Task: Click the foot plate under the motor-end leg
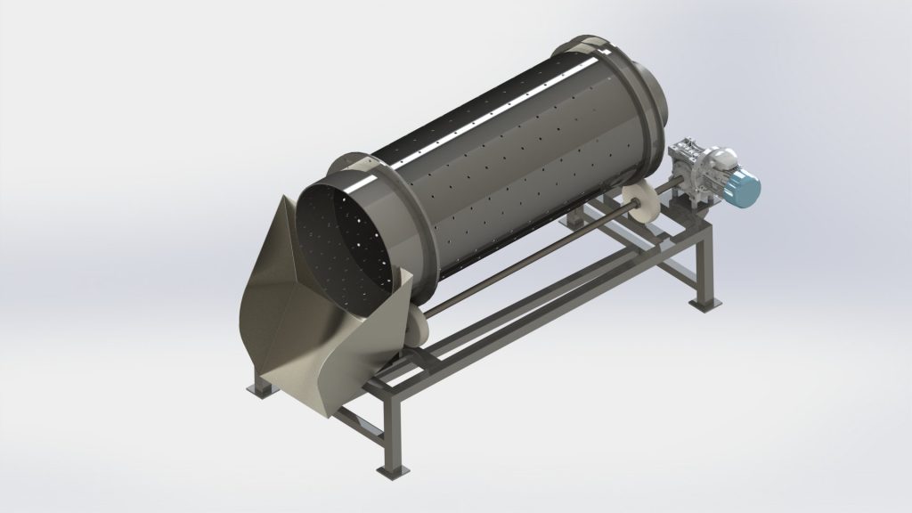[704, 305]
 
